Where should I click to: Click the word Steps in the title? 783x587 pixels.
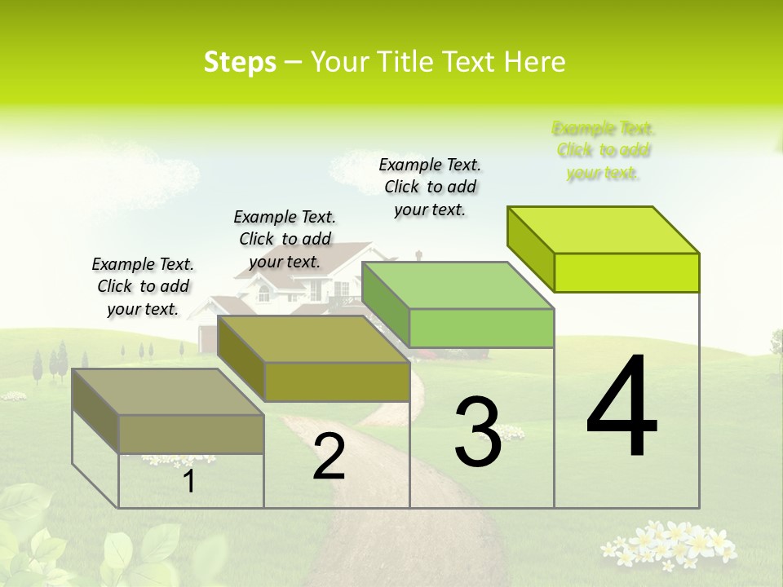point(240,62)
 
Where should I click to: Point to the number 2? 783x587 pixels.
point(329,457)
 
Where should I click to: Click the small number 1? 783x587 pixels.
point(189,481)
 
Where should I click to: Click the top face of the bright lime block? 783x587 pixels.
point(604,230)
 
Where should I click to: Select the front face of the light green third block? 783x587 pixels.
point(481,329)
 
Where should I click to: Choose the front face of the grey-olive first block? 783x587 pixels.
point(191,434)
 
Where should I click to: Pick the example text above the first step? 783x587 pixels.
point(143,286)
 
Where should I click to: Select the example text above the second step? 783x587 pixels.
point(285,239)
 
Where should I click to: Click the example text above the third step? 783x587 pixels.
point(430,187)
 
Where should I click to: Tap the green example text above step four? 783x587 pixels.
point(603,150)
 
